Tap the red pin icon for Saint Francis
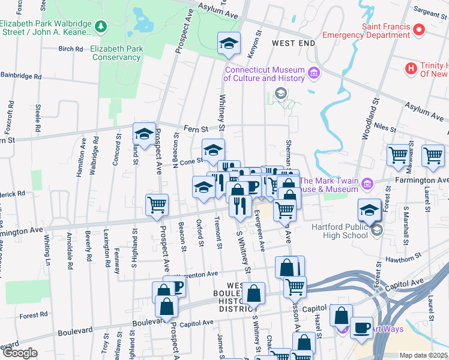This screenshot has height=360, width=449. [418, 29]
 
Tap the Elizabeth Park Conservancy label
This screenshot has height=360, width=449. [116, 53]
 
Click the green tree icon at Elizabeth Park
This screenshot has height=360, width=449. [101, 26]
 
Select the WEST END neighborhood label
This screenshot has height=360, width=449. [293, 44]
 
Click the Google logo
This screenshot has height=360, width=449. [20, 353]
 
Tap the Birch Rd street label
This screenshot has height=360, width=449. [70, 49]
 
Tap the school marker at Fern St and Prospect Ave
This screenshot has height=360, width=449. [144, 136]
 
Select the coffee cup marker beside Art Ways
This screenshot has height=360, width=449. [361, 328]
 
